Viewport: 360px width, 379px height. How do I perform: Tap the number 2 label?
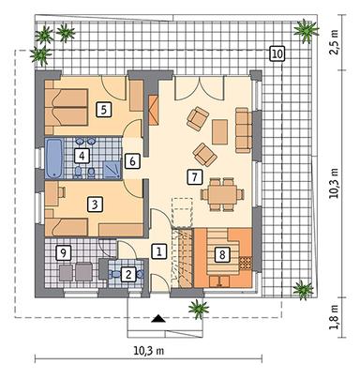click(127, 274)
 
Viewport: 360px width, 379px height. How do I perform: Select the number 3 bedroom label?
click(95, 203)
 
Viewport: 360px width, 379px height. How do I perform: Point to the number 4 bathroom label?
click(83, 156)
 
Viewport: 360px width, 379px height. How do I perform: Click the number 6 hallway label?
click(133, 161)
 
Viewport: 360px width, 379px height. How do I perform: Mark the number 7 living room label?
click(194, 176)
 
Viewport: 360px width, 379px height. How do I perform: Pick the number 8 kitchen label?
click(221, 253)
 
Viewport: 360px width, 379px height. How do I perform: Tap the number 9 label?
click(64, 251)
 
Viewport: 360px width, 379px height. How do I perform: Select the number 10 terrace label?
click(276, 53)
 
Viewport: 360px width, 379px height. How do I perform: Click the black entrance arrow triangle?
click(160, 319)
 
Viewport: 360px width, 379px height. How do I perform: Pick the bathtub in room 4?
click(54, 157)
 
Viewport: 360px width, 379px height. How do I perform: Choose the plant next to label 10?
click(305, 33)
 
